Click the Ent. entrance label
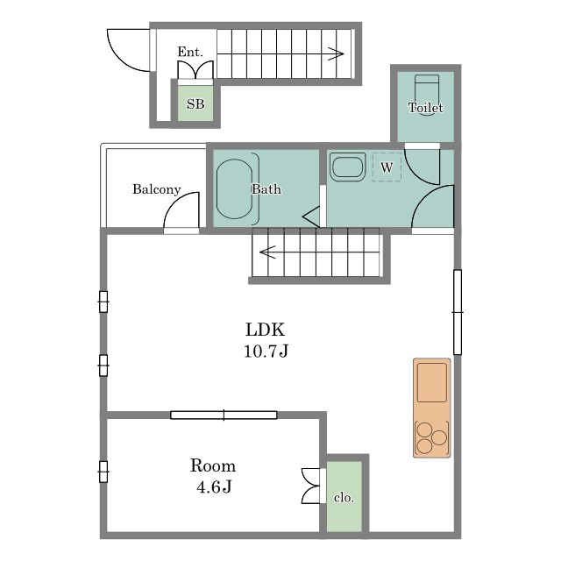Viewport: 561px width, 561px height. (x=190, y=53)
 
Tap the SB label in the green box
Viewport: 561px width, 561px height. (x=195, y=104)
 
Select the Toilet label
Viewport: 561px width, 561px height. (x=425, y=107)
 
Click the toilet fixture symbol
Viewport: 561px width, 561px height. (x=427, y=89)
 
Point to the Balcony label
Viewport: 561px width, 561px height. (x=156, y=189)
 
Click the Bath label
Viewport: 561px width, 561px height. (x=266, y=189)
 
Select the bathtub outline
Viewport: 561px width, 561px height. (x=235, y=189)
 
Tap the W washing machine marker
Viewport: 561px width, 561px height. (x=387, y=167)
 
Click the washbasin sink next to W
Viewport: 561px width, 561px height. (x=347, y=167)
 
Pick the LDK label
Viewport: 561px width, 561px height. (x=265, y=330)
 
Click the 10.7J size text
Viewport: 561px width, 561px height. (x=266, y=351)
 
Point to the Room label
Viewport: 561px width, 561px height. (x=213, y=465)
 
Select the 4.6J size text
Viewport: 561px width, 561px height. (x=214, y=486)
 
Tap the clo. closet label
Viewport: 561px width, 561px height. (x=344, y=497)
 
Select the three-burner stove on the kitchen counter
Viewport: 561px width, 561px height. (x=432, y=438)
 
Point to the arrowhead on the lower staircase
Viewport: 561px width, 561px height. (x=266, y=252)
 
